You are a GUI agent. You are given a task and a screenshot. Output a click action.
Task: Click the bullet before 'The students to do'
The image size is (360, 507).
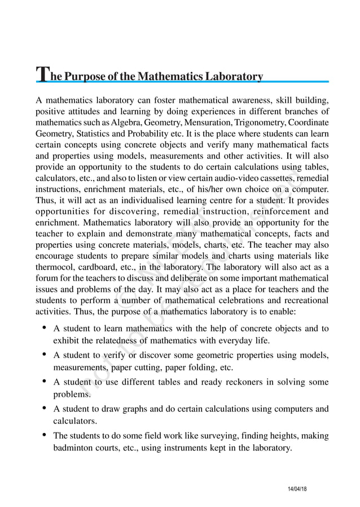tap(44, 435)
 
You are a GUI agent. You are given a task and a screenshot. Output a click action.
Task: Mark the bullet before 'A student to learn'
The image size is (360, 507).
tap(44, 328)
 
